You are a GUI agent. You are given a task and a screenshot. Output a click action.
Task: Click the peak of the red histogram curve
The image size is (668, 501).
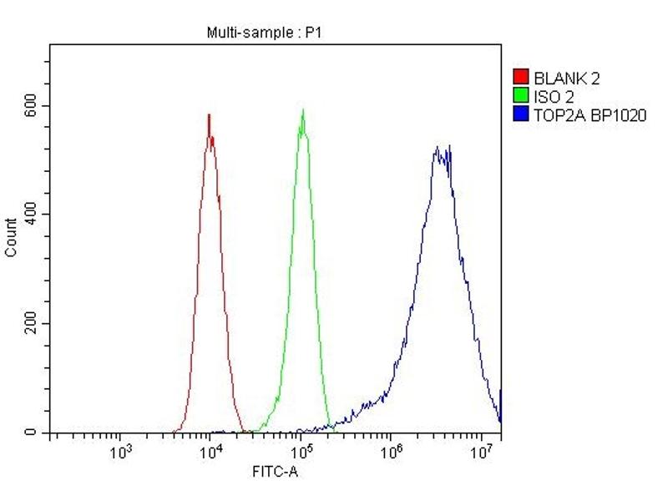[x=209, y=115]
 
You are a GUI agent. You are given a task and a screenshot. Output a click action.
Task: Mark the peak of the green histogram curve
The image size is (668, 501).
[x=302, y=111]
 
